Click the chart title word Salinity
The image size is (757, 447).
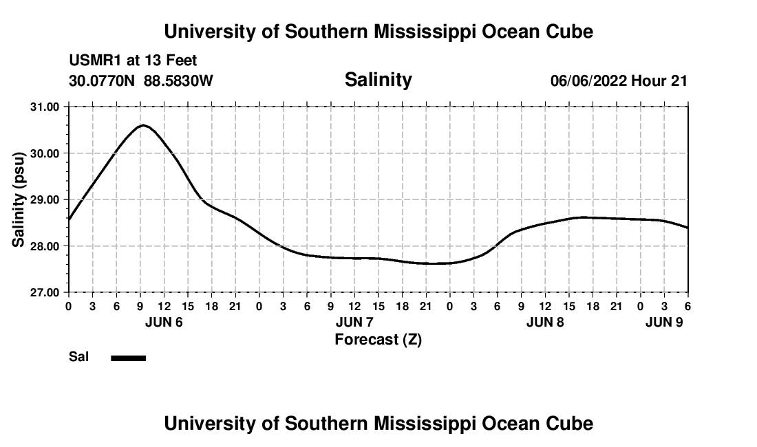pos(378,80)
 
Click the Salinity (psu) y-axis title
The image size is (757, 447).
pos(19,199)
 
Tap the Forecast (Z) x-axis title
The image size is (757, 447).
pos(378,340)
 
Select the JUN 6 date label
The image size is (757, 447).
pos(164,322)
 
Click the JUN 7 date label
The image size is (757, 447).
pos(354,322)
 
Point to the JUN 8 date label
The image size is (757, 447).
pos(545,322)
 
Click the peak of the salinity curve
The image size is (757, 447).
pos(142,125)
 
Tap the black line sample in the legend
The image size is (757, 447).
pos(129,358)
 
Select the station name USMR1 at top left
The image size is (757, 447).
pos(93,61)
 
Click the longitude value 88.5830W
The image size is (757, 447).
pos(178,81)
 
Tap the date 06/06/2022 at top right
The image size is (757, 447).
pos(588,81)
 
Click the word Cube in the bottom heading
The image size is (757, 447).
pos(572,424)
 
